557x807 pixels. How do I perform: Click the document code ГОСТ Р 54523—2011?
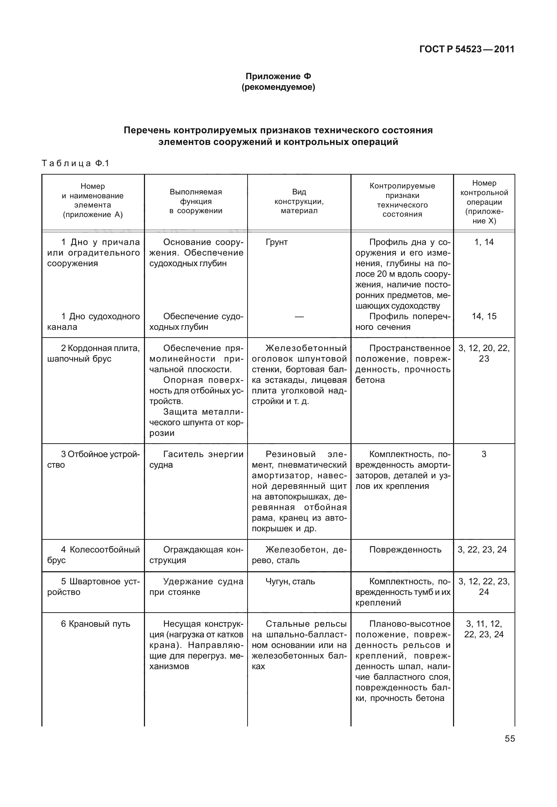click(x=466, y=49)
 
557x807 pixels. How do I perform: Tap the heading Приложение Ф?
click(x=278, y=76)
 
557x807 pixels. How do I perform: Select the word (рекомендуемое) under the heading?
click(x=278, y=87)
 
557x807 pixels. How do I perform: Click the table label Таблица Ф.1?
click(x=75, y=163)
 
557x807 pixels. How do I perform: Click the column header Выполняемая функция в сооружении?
click(x=196, y=201)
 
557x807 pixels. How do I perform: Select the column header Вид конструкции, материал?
click(x=299, y=201)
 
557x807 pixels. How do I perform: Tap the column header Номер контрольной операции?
click(x=484, y=202)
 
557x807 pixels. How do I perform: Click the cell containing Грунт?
click(x=277, y=242)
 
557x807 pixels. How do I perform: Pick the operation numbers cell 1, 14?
click(x=484, y=242)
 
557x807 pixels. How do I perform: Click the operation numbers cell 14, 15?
click(x=484, y=316)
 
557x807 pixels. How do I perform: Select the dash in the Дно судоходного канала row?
click(x=299, y=317)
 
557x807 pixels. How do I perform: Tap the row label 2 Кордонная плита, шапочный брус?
click(x=93, y=353)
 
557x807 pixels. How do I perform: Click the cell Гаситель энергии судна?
click(x=196, y=460)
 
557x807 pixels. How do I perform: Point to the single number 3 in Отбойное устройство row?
click(x=484, y=455)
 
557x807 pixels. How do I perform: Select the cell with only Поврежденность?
click(x=405, y=550)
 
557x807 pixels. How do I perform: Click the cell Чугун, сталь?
click(x=290, y=581)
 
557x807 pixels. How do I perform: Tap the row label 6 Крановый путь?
click(x=95, y=624)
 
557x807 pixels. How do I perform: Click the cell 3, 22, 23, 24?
click(x=484, y=550)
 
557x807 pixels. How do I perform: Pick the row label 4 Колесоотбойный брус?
click(x=93, y=555)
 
